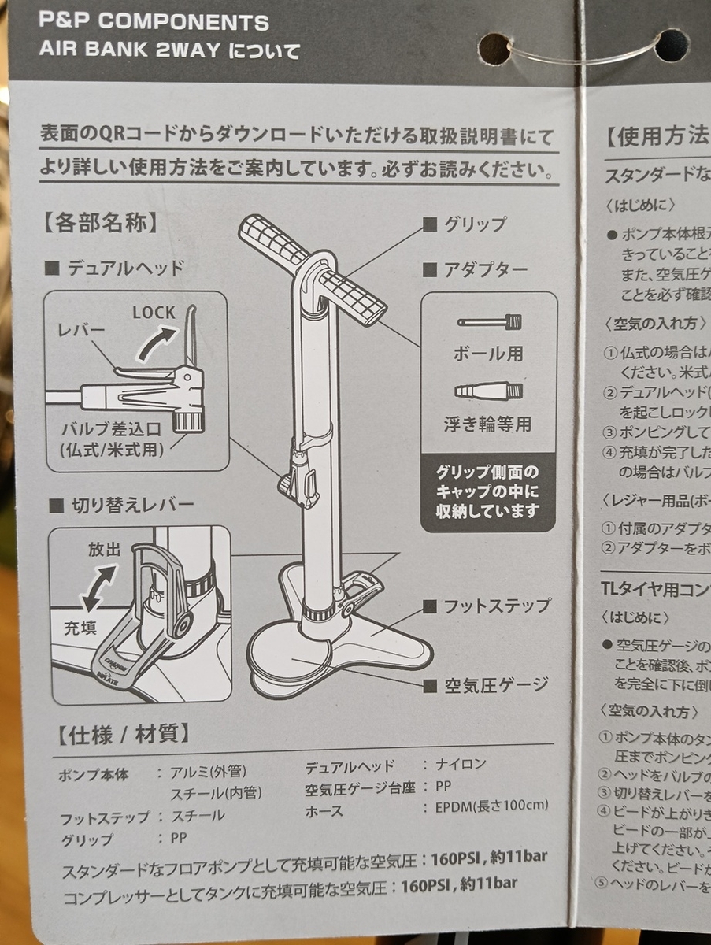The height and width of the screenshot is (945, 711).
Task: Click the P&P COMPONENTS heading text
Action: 154,22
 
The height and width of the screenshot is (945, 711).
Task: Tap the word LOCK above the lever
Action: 154,312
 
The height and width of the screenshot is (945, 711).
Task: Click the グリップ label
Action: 475,224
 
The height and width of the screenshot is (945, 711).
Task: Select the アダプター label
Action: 485,269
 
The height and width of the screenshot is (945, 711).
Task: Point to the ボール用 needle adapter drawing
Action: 490,321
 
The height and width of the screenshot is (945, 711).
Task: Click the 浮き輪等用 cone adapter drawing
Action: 489,391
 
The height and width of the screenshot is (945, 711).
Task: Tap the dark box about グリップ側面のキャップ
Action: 488,492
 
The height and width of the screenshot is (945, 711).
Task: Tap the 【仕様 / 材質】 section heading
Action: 124,735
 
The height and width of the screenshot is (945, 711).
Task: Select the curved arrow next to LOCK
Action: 154,343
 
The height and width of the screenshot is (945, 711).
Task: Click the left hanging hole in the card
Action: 494,48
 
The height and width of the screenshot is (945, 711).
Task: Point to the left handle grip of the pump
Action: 272,239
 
